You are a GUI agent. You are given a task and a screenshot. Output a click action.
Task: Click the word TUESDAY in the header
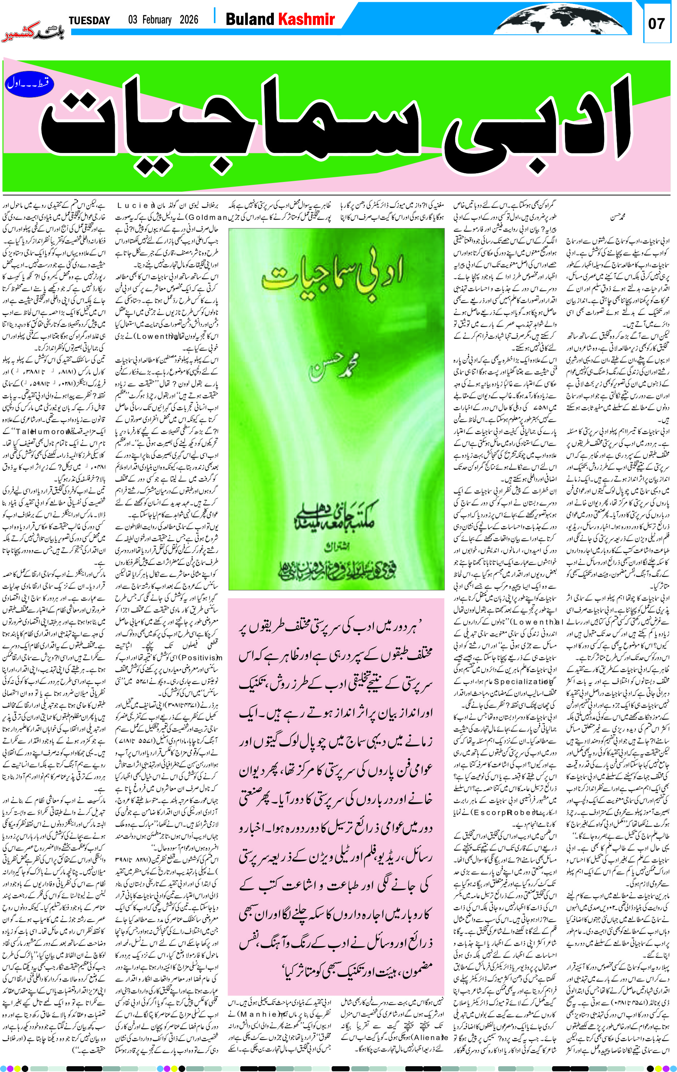pos(89,21)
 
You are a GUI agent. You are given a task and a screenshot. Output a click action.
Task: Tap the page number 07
pos(656,24)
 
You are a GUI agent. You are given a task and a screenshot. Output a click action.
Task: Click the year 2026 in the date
pos(189,20)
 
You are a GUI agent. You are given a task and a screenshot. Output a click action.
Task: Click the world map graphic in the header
pos(563,19)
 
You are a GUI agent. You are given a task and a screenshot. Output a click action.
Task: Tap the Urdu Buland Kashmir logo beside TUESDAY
pos(33,31)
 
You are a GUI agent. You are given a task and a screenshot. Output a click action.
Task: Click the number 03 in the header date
pos(133,20)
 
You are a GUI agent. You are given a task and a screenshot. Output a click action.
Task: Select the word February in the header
pos(156,20)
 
